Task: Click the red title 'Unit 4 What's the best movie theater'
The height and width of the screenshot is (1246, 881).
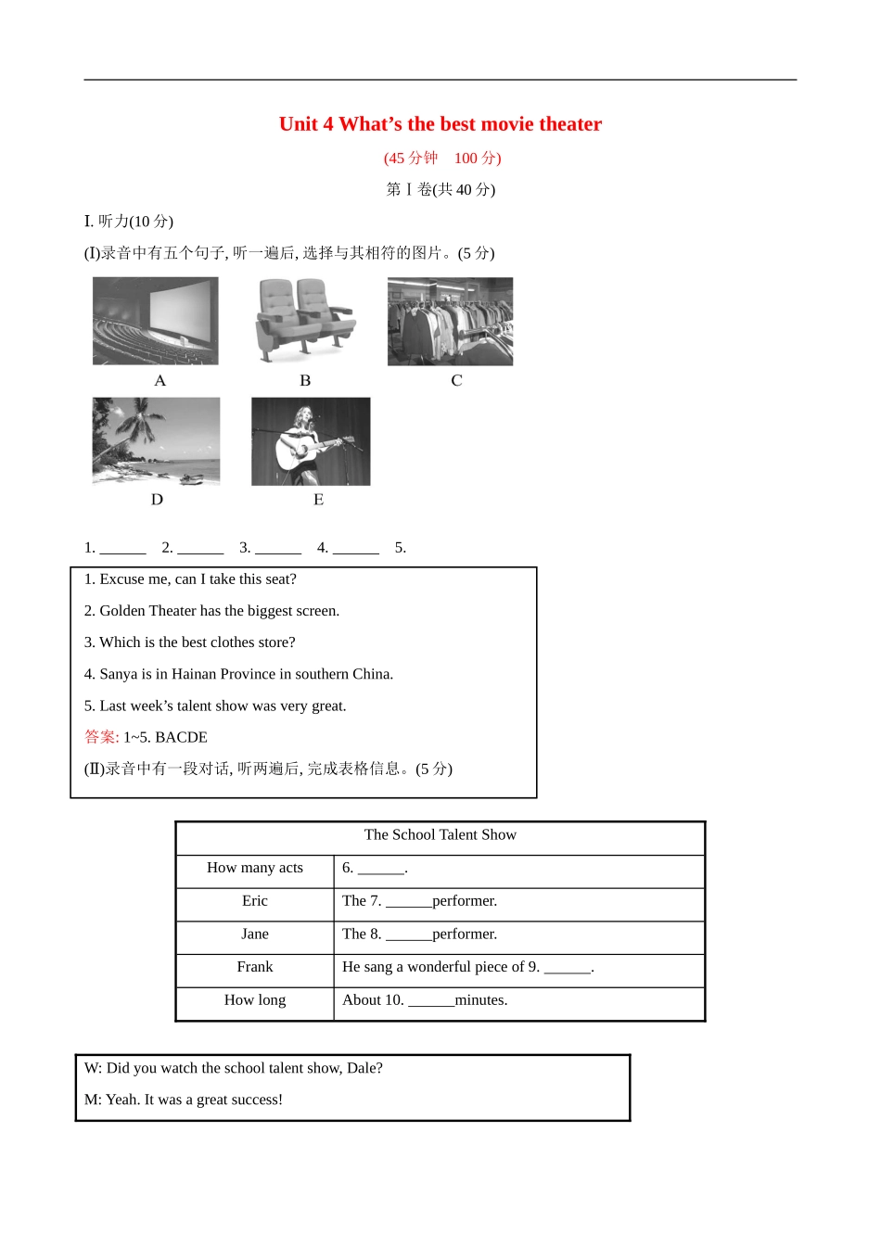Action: tap(440, 124)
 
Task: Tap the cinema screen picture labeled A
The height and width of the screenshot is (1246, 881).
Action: tap(156, 321)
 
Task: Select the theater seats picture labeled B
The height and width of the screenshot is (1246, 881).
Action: tap(305, 321)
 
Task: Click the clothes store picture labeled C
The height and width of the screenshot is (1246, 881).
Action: tap(450, 321)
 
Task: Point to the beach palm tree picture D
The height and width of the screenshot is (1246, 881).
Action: tap(156, 441)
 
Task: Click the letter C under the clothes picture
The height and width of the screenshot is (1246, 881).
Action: tap(456, 381)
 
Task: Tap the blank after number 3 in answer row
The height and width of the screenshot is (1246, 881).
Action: tap(277, 548)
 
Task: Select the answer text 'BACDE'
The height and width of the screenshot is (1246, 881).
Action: tap(181, 738)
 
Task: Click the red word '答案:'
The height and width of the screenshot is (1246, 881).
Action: tap(101, 738)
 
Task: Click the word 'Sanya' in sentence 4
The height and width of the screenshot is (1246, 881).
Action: tap(119, 675)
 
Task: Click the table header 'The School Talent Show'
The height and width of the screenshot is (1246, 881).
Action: tap(440, 835)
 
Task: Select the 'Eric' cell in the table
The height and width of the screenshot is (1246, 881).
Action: tap(255, 901)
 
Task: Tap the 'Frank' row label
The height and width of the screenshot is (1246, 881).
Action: tap(255, 967)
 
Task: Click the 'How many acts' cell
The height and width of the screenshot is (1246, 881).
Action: tap(255, 868)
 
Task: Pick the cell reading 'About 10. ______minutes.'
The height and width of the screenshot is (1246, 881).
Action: tap(425, 1000)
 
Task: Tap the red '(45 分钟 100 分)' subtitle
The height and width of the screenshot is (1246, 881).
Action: tap(442, 159)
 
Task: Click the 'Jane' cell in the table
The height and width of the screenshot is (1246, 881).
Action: tap(255, 934)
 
